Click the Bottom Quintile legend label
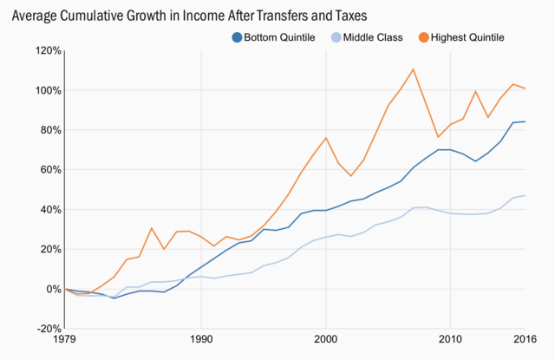(280, 37)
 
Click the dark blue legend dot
(236, 37)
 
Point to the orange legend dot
(422, 37)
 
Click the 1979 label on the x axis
(65, 340)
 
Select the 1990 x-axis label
(201, 340)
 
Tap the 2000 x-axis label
(325, 340)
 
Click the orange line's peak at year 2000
(325, 138)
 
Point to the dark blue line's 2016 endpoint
(525, 121)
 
